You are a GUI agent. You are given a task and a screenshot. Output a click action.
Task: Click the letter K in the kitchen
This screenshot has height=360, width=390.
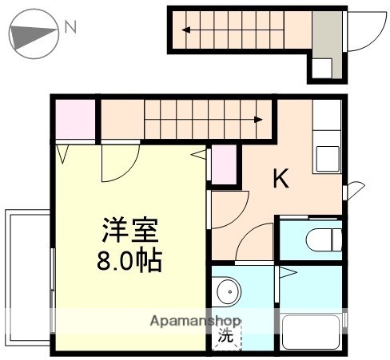(281, 179)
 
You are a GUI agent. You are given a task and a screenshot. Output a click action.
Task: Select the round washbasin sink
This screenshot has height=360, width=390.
(227, 293)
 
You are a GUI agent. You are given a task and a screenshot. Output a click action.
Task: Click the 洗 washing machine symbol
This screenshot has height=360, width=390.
(226, 337)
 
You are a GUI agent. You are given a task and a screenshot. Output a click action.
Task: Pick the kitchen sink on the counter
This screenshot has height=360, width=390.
(327, 157)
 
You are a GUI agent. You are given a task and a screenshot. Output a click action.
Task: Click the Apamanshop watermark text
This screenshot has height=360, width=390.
(195, 322)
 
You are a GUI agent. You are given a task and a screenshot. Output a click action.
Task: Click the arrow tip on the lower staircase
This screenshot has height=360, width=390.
(260, 121)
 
